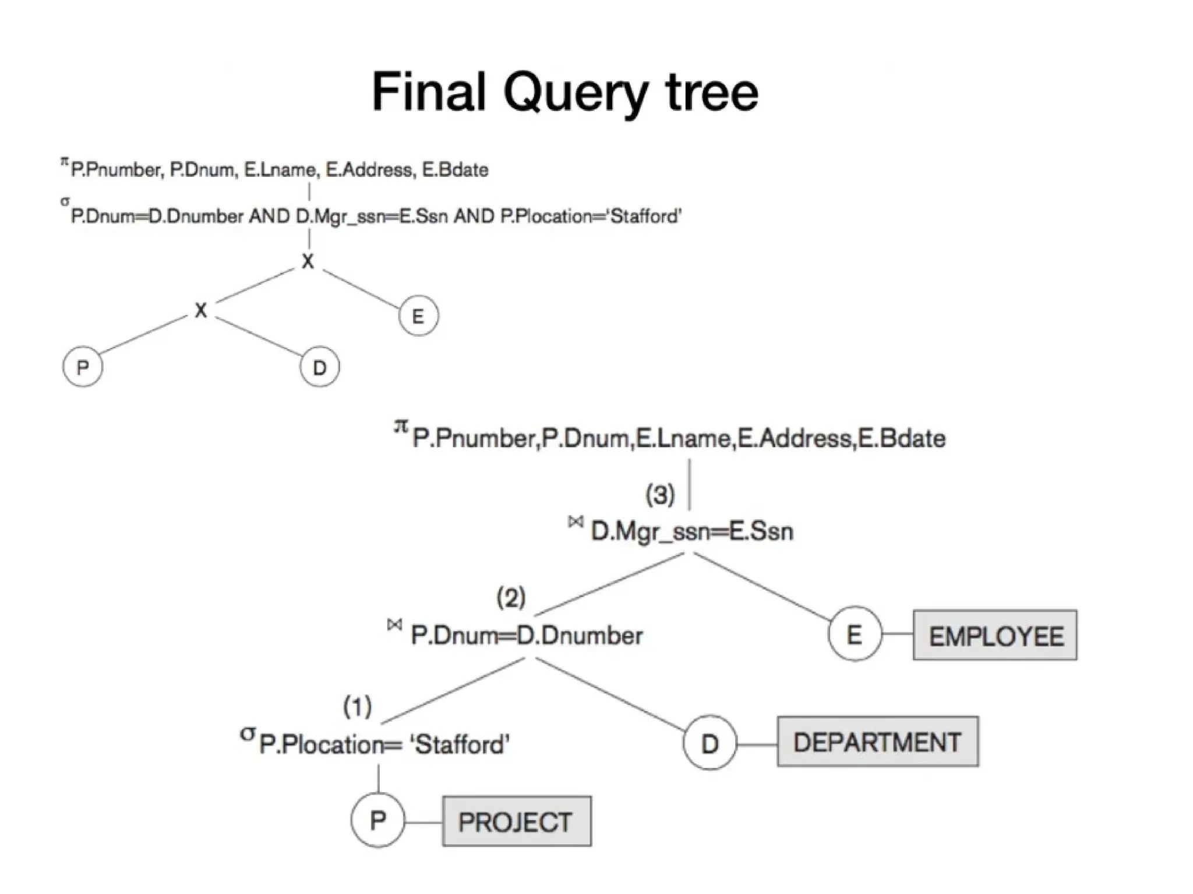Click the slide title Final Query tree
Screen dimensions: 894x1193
coord(564,92)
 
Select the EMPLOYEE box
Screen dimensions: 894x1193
coord(994,635)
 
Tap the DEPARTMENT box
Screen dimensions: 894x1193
coord(877,742)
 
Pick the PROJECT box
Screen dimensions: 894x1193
coord(516,821)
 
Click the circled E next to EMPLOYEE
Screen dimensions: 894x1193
coord(854,634)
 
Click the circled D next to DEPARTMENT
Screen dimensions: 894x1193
coord(710,743)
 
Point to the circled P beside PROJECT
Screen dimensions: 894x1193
coord(377,820)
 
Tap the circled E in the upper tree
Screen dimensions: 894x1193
coord(418,316)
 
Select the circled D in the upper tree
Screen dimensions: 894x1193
coord(319,367)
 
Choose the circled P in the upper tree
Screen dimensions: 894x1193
coord(83,367)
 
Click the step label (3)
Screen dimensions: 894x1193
coord(660,495)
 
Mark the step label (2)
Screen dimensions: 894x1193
coord(511,597)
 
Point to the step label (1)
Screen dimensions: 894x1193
coord(357,707)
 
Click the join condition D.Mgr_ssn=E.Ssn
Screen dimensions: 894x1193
coord(691,531)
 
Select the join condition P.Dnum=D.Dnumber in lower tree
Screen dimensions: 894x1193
coord(526,635)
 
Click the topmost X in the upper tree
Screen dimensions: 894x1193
coord(308,261)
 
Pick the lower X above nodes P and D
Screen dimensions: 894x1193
coord(201,310)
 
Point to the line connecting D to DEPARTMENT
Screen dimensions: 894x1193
coord(757,744)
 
